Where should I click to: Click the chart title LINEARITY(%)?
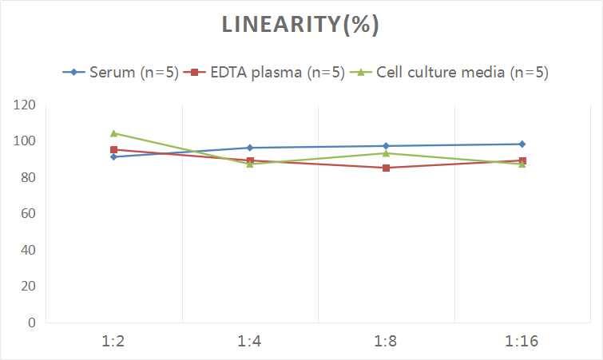pyautogui.click(x=300, y=26)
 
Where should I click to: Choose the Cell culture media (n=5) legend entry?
pyautogui.click(x=451, y=73)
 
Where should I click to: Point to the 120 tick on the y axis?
pyautogui.click(x=25, y=105)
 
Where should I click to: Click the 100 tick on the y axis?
pyautogui.click(x=25, y=141)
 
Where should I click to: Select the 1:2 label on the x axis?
pyautogui.click(x=114, y=342)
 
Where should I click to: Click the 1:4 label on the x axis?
pyautogui.click(x=250, y=342)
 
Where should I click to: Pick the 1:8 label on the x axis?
pyautogui.click(x=386, y=342)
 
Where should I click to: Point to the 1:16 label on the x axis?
pyautogui.click(x=522, y=342)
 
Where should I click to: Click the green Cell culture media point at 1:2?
pyautogui.click(x=114, y=133)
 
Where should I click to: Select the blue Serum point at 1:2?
pyautogui.click(x=114, y=156)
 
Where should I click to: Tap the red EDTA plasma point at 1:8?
pyautogui.click(x=386, y=168)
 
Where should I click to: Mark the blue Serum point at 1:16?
pyautogui.click(x=522, y=144)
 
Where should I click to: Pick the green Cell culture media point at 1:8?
pyautogui.click(x=386, y=153)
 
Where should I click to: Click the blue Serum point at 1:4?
pyautogui.click(x=250, y=148)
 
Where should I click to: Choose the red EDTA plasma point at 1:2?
pyautogui.click(x=114, y=149)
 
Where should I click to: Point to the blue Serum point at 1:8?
pyautogui.click(x=386, y=146)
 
